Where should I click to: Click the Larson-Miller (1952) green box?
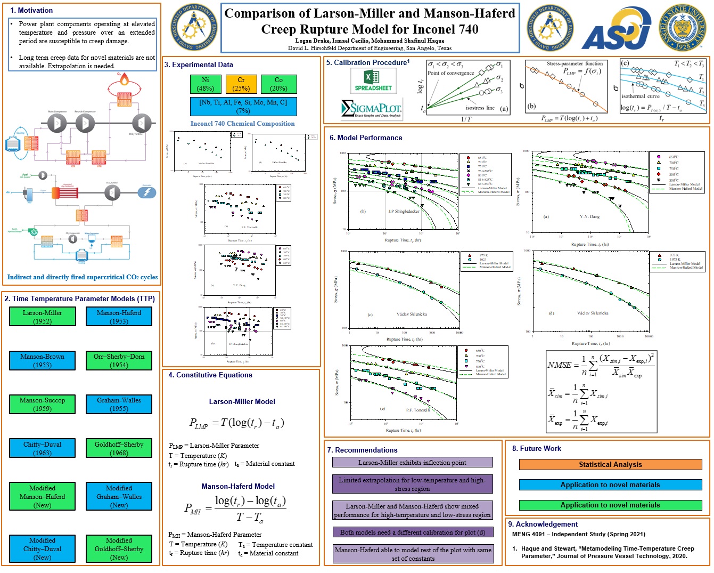tap(42, 317)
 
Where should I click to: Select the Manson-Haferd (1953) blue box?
tap(119, 317)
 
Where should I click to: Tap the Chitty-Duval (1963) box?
tap(42, 448)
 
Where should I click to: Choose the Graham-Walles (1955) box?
tap(119, 404)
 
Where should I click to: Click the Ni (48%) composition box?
tap(206, 84)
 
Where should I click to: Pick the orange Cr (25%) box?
tap(241, 84)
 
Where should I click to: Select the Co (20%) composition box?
tap(278, 84)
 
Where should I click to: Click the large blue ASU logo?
tap(616, 30)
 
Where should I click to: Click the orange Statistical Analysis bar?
tap(610, 464)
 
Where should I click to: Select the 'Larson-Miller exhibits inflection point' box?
tap(412, 463)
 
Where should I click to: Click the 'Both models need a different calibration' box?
tap(412, 532)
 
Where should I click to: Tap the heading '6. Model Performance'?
tap(366, 138)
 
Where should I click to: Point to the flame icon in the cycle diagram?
tap(124, 80)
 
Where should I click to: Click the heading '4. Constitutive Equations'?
tap(210, 375)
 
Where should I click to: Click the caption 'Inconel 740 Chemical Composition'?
tap(242, 123)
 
